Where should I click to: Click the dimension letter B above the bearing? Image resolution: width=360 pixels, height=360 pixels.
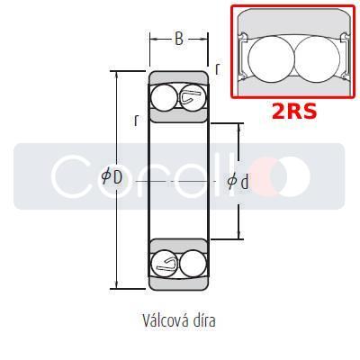click(x=178, y=39)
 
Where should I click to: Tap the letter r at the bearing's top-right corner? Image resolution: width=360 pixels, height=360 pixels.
click(x=218, y=67)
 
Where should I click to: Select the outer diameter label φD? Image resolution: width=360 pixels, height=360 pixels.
click(x=112, y=176)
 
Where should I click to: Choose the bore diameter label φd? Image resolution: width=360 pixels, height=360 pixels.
click(x=238, y=181)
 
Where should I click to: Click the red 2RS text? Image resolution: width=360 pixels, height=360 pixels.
click(x=295, y=112)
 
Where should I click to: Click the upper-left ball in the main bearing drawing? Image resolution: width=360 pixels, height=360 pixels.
click(x=165, y=96)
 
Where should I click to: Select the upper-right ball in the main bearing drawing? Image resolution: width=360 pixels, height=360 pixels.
click(x=192, y=96)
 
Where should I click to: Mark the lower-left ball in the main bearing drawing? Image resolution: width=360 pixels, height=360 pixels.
click(x=165, y=263)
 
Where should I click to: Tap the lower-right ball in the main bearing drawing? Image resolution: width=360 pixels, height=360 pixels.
click(x=192, y=263)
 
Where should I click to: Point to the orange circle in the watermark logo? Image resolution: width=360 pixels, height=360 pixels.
click(x=291, y=175)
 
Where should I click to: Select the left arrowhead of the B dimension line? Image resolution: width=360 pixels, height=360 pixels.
click(x=151, y=39)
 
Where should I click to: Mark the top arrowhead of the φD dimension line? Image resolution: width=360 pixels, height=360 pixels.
click(x=118, y=73)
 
